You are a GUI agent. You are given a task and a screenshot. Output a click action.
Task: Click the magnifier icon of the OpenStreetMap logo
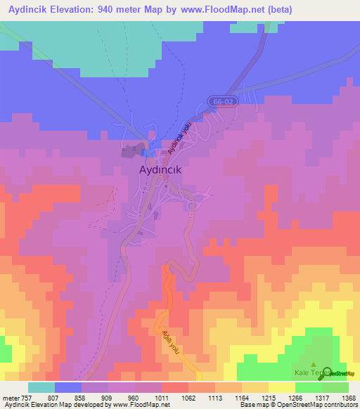327,373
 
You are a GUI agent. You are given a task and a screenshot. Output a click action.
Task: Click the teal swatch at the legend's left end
41,387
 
